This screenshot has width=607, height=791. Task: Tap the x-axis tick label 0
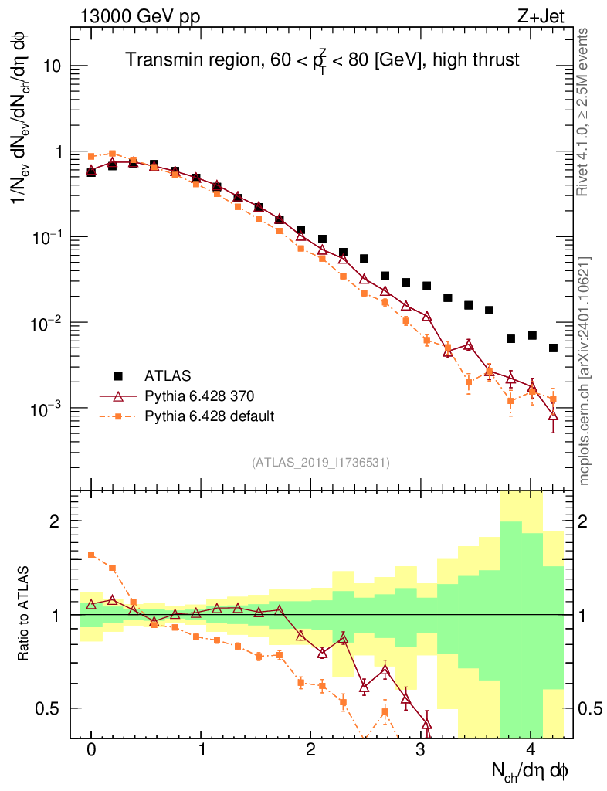(x=91, y=750)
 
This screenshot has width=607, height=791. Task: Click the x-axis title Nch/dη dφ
(x=531, y=770)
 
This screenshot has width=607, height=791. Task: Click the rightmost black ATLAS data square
(x=553, y=348)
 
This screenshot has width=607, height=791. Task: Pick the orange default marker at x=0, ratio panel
(x=91, y=555)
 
